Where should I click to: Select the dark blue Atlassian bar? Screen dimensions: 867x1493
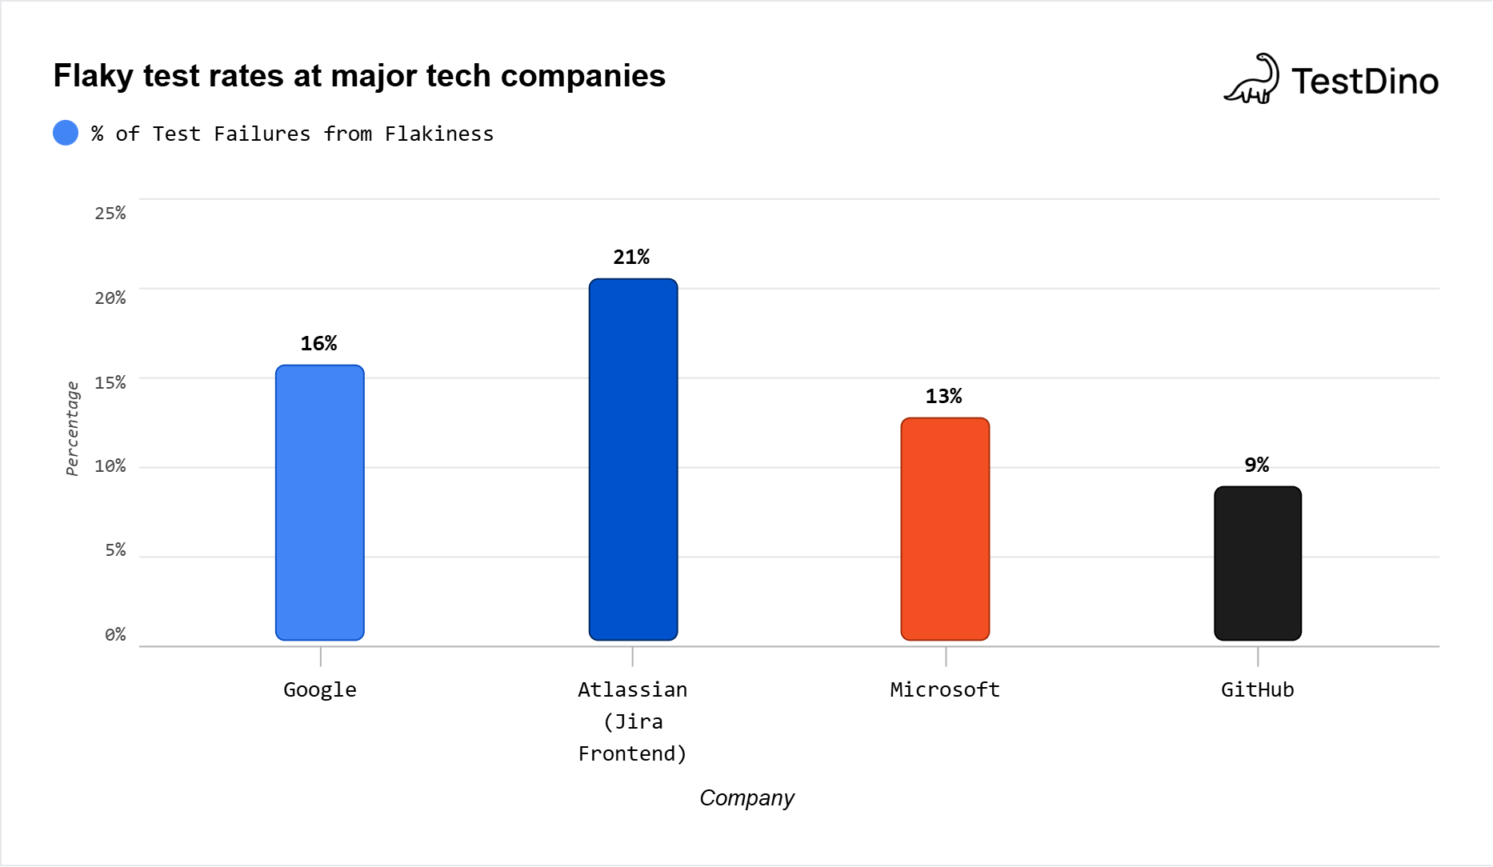(x=633, y=459)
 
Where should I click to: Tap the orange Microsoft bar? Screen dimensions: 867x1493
(x=945, y=529)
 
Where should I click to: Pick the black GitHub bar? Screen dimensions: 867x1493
(x=1258, y=563)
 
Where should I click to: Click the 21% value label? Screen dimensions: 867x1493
(x=631, y=257)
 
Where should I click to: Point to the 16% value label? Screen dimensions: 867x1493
(x=318, y=343)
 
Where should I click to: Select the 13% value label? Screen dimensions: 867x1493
(x=943, y=396)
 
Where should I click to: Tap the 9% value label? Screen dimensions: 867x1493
(x=1256, y=465)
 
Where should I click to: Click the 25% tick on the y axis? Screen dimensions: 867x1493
(x=110, y=213)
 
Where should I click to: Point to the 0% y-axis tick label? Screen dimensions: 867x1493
(x=115, y=634)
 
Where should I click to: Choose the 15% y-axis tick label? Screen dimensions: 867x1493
(x=110, y=382)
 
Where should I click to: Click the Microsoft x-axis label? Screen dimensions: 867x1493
(x=945, y=689)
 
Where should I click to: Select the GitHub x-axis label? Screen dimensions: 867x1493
(x=1257, y=689)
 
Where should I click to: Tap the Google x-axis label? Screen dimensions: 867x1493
(x=320, y=689)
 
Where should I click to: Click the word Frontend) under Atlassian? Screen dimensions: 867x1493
(x=632, y=753)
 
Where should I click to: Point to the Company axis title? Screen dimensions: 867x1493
(x=746, y=797)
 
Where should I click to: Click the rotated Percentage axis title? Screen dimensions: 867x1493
(x=72, y=428)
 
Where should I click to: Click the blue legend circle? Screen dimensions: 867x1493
(x=66, y=133)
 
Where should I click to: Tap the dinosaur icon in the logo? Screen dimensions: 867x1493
(x=1252, y=80)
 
